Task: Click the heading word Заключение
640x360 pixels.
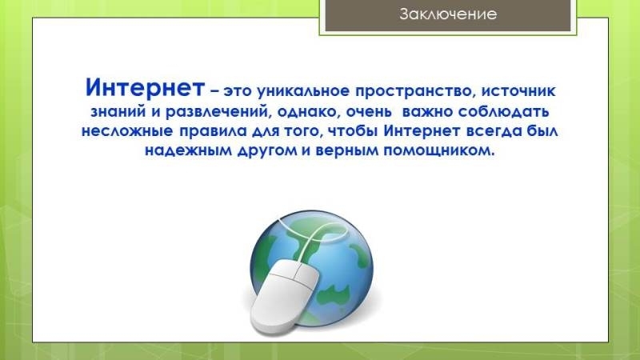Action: [448, 14]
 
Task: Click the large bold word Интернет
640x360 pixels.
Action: [145, 87]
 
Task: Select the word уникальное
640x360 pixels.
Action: [303, 91]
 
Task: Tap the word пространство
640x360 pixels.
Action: [415, 92]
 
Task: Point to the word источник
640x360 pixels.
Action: [518, 90]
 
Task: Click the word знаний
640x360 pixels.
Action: [118, 110]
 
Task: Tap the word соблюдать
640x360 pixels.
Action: [503, 112]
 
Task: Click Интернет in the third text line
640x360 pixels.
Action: [424, 131]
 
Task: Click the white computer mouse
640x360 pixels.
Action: [285, 297]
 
